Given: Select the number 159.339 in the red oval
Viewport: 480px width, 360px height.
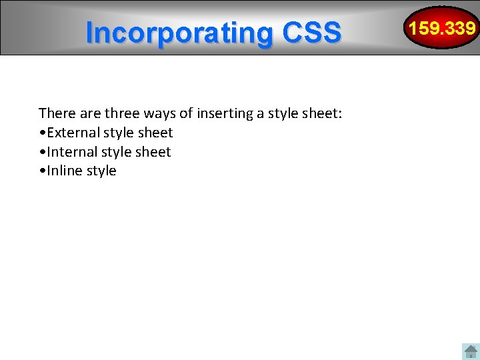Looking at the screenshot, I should click(x=443, y=28).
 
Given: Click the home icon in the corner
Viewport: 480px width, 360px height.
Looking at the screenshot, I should click(x=471, y=351).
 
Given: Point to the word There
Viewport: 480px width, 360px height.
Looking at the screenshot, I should click(x=55, y=113).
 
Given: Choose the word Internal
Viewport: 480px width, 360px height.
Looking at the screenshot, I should click(x=71, y=152).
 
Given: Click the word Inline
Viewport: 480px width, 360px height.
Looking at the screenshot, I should click(x=63, y=171).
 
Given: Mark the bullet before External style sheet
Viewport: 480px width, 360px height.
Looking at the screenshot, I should click(x=42, y=133).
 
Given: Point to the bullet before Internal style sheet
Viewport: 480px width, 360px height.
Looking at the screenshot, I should click(x=42, y=153).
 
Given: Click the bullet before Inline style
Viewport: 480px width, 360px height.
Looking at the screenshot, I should click(x=42, y=171).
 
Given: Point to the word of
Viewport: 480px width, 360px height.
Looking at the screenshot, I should click(x=185, y=113).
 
